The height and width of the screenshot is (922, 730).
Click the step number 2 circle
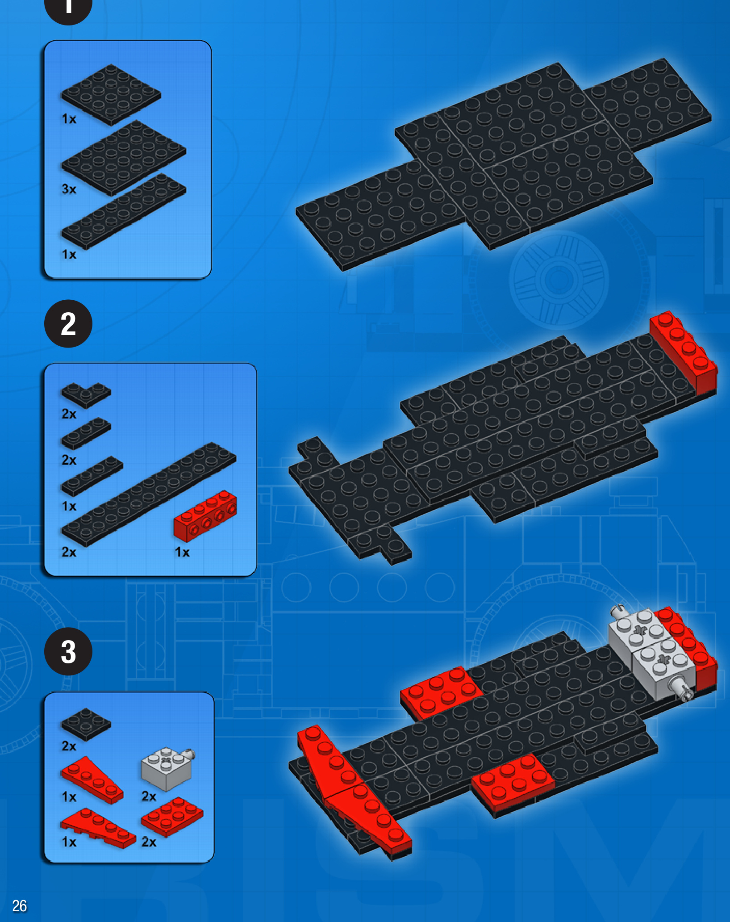pos(68,324)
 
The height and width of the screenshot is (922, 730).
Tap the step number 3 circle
pos(68,651)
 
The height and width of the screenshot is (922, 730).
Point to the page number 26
pos(20,906)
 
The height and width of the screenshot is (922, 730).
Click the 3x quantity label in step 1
pos(69,189)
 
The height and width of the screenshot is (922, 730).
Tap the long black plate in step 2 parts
pos(149,494)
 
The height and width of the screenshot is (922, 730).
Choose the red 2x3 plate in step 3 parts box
pos(172,817)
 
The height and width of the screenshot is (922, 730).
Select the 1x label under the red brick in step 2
pos(182,552)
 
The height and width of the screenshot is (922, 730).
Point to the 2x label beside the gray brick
pos(149,796)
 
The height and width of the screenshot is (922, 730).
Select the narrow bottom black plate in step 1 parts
pos(124,211)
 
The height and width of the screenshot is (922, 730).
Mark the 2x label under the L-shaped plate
pos(69,414)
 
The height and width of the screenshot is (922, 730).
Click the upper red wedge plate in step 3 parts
pos(92,780)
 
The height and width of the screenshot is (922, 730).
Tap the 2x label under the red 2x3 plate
pos(149,842)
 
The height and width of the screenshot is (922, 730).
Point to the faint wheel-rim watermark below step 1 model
pos(559,280)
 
